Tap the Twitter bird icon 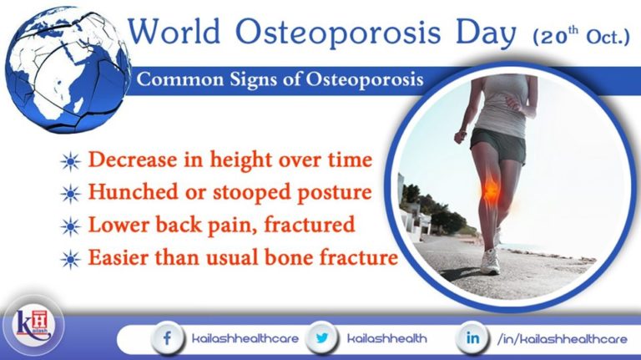click(323, 339)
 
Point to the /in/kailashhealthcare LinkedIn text click(561, 339)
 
